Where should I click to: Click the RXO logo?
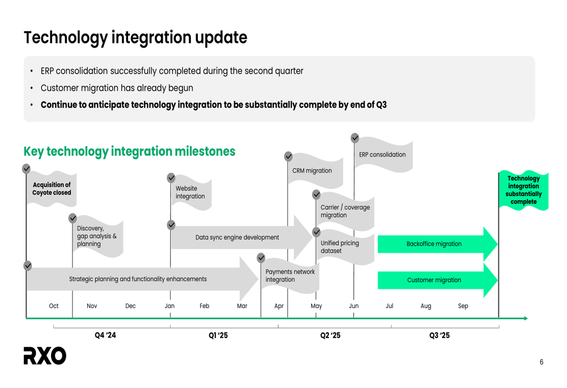coord(45,356)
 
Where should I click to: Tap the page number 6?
coord(541,362)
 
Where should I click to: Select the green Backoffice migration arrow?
coord(438,244)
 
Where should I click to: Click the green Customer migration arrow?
coord(438,280)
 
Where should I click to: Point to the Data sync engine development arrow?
coord(242,237)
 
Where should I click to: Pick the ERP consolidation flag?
coord(383,154)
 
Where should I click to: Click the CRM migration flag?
coord(315,170)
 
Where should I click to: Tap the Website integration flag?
coord(191,193)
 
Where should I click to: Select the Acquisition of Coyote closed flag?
coord(52,189)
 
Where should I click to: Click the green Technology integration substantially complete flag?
coord(523,190)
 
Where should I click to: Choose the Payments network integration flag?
coord(290,276)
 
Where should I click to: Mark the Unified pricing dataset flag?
coord(345,247)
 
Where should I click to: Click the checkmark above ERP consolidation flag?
coord(355,138)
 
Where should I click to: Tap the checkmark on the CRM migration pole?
coord(288,156)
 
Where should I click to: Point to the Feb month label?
coord(204,306)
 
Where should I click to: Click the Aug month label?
coord(426,306)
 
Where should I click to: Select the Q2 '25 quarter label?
coord(330,335)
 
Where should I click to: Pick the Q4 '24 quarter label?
coord(105,335)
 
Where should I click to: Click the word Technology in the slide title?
coord(65,38)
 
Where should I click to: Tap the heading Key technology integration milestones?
coord(129,151)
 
